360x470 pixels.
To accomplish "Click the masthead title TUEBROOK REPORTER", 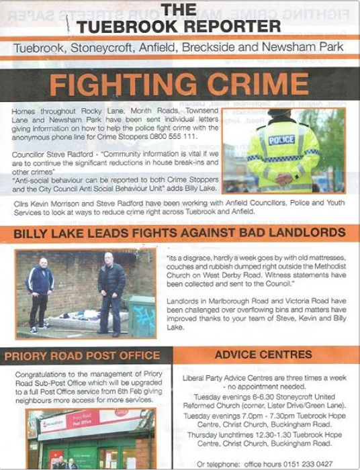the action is tap(178, 26).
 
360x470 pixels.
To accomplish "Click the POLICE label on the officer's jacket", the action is tap(281, 139).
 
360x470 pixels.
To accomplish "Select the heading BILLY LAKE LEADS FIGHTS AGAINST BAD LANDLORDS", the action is tap(177, 233).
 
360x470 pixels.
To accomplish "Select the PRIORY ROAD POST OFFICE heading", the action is tap(82, 355).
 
